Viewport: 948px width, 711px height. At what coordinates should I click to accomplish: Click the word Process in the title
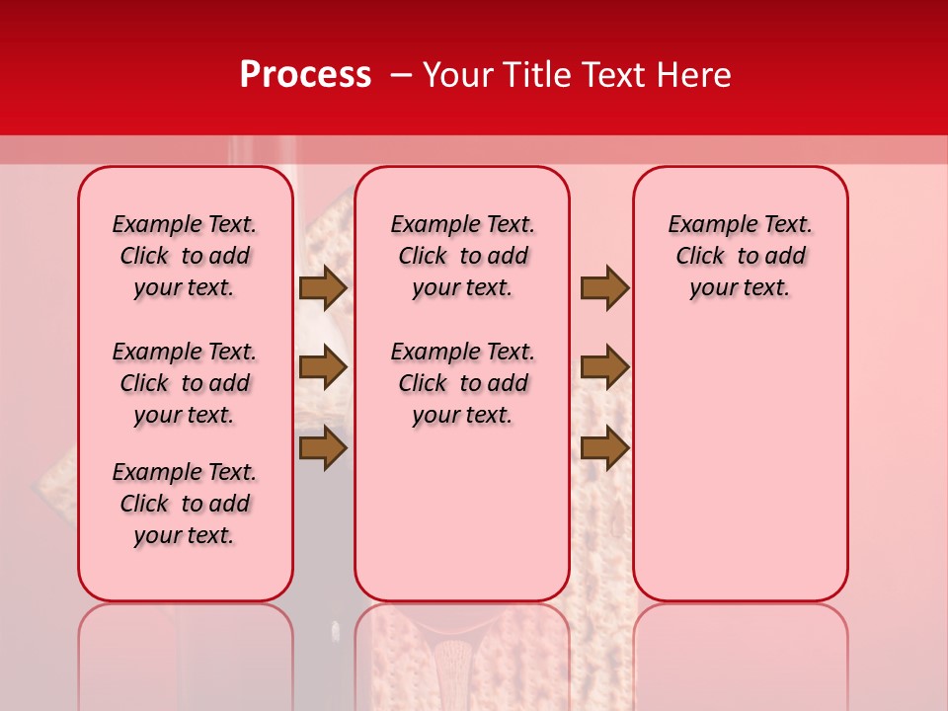[x=305, y=75]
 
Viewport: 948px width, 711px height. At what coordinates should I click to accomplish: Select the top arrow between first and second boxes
[x=323, y=287]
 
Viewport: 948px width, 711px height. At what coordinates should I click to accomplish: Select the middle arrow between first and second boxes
[x=323, y=367]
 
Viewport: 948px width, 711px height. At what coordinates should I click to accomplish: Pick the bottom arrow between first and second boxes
[x=323, y=447]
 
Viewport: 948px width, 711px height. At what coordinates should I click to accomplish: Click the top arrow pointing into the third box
[x=604, y=287]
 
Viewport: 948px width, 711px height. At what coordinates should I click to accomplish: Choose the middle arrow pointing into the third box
[x=604, y=367]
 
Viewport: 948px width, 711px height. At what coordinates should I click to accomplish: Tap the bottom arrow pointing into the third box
[x=604, y=447]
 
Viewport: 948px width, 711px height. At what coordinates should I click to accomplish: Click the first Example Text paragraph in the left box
[x=185, y=256]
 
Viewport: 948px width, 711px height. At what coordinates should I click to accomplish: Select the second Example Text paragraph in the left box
[x=185, y=383]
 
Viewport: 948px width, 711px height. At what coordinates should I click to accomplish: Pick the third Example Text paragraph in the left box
[x=185, y=504]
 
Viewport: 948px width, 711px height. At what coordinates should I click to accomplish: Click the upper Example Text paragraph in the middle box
[x=463, y=256]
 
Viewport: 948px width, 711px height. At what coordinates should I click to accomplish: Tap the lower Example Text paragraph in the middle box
[x=463, y=383]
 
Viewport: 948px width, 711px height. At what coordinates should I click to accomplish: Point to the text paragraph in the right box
[x=741, y=256]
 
